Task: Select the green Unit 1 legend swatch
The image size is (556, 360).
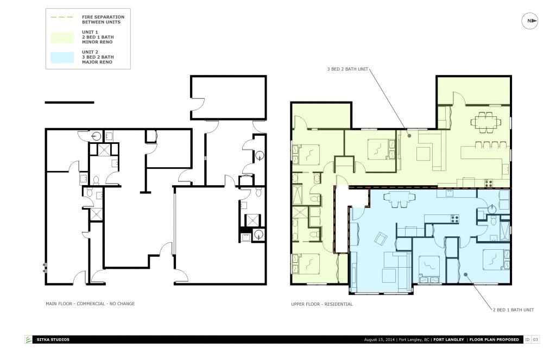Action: [62, 37]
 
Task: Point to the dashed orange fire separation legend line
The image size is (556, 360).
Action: [62, 17]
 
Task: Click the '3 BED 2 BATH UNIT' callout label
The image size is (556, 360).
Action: [347, 69]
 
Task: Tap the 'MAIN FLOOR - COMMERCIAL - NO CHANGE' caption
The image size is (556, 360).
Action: [90, 304]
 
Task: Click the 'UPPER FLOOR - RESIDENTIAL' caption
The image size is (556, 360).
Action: [321, 304]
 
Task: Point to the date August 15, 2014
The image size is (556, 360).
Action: [380, 340]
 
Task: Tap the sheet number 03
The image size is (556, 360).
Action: [535, 340]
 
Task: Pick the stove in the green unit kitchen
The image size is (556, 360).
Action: [488, 183]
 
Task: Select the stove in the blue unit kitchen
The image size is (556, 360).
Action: [454, 219]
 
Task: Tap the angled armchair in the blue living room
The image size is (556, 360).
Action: [380, 238]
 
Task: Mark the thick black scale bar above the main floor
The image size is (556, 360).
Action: [69, 102]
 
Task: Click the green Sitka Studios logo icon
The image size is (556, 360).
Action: [28, 340]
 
